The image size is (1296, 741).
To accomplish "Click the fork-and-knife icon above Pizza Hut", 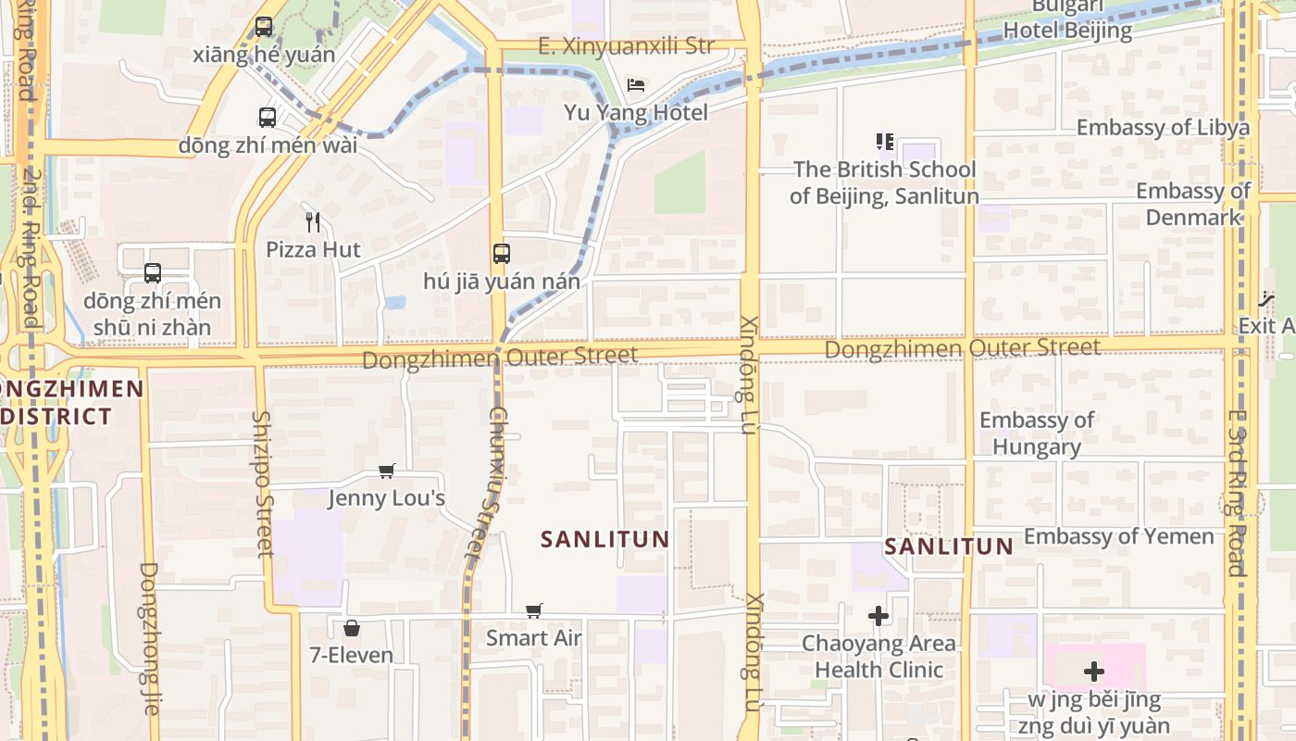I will pyautogui.click(x=313, y=222).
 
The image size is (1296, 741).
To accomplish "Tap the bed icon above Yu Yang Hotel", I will pyautogui.click(x=636, y=85).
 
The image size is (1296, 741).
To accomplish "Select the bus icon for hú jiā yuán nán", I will pyautogui.click(x=502, y=254).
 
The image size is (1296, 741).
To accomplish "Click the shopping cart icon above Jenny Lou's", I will pyautogui.click(x=387, y=471).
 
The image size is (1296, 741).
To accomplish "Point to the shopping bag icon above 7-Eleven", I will pyautogui.click(x=352, y=628).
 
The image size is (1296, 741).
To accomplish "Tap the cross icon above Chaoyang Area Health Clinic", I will pyautogui.click(x=879, y=616).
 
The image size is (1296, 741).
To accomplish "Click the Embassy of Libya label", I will pyautogui.click(x=1163, y=128).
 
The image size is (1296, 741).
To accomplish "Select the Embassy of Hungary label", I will pyautogui.click(x=1037, y=433).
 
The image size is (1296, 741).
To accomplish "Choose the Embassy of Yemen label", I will pyautogui.click(x=1118, y=536).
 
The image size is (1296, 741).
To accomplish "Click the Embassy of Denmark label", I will pyautogui.click(x=1193, y=204).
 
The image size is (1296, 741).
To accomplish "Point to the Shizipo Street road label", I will pyautogui.click(x=263, y=484).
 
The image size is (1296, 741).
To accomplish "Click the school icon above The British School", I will pyautogui.click(x=885, y=142).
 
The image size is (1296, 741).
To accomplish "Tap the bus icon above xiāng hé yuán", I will pyautogui.click(x=264, y=27).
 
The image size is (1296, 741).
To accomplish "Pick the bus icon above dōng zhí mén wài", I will pyautogui.click(x=268, y=118).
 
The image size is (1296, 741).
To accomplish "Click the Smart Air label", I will pyautogui.click(x=534, y=638).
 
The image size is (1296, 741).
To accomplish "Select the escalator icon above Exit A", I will pyautogui.click(x=1266, y=298).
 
